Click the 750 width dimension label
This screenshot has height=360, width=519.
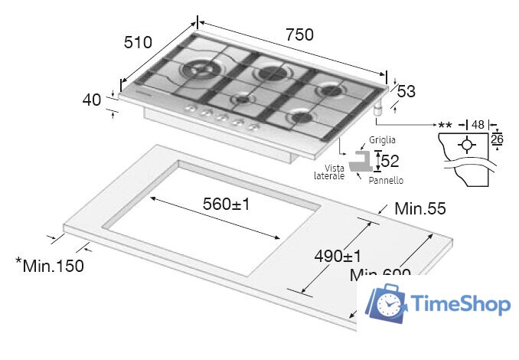click(299, 34)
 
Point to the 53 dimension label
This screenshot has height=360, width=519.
click(405, 92)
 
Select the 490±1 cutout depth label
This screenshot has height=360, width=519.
click(337, 255)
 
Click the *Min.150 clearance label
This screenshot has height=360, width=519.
click(50, 266)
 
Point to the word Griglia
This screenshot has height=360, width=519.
click(382, 141)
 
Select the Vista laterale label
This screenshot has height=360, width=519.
click(330, 172)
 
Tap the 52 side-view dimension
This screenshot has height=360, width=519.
click(390, 161)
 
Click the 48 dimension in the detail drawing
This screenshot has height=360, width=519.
click(478, 124)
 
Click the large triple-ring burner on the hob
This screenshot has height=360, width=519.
click(197, 71)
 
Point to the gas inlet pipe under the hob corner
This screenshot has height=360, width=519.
click(378, 111)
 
